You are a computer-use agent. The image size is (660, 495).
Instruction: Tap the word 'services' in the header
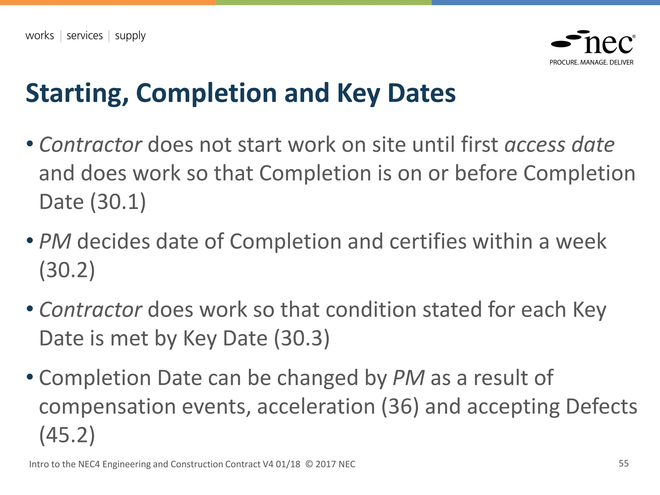point(84,35)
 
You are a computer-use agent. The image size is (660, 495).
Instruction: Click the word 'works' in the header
point(40,35)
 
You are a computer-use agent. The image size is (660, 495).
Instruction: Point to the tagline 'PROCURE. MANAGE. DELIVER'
point(591,63)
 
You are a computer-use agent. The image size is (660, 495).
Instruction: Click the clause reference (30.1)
point(118,202)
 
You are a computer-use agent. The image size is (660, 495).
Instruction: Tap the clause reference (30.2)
point(67,270)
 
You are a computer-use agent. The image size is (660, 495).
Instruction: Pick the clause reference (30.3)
point(302,338)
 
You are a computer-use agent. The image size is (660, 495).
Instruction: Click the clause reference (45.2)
point(67,435)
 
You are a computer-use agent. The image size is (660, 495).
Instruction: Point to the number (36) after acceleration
point(400,407)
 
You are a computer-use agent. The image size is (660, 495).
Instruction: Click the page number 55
point(624,463)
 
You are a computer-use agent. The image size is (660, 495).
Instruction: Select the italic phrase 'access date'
point(559,145)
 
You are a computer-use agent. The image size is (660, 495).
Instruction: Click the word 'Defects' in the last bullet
point(601,407)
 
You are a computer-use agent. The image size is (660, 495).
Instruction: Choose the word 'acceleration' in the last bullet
point(316,407)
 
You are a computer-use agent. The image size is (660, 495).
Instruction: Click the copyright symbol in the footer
point(309,464)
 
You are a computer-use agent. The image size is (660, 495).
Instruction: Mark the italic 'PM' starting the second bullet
point(55,242)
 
